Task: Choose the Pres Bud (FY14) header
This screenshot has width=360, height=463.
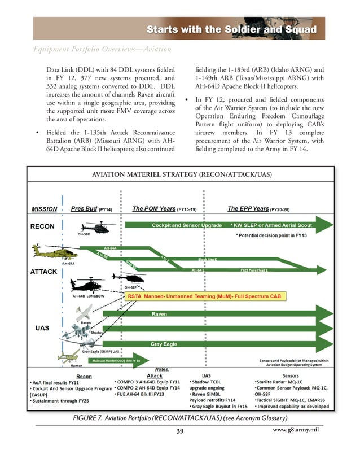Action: [x=91, y=209]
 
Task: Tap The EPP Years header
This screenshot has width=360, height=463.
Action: [x=257, y=209]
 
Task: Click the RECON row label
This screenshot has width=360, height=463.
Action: [x=42, y=226]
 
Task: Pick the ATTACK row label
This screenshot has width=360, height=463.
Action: [x=44, y=272]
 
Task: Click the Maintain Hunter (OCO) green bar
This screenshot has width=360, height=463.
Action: [x=116, y=360]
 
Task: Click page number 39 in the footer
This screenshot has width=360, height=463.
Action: [x=180, y=431]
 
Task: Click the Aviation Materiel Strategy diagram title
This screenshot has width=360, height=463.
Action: [x=181, y=175]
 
